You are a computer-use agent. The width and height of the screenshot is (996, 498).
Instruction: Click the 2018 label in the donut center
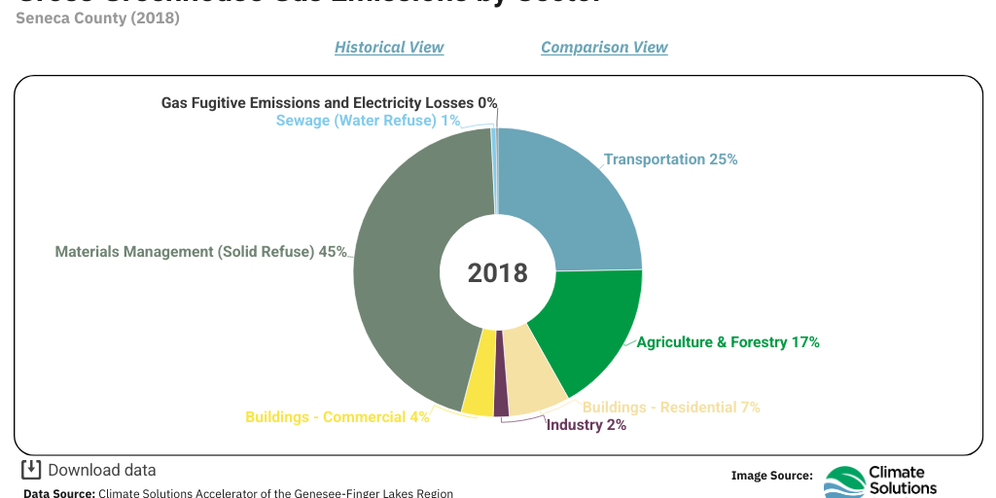point(497,273)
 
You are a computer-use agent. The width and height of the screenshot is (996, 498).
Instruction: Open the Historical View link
point(389,47)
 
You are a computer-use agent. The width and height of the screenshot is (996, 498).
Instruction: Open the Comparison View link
point(604,47)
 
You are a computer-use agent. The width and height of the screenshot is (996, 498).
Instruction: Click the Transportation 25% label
point(670,160)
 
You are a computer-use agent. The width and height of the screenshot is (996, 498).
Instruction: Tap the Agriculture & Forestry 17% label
point(728,342)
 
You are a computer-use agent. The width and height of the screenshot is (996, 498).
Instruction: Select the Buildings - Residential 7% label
point(670,408)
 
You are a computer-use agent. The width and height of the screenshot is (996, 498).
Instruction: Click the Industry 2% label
point(586,425)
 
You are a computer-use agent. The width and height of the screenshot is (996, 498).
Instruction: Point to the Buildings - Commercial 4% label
point(337,417)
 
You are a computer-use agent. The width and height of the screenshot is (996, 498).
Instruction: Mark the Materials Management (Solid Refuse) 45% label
point(200,252)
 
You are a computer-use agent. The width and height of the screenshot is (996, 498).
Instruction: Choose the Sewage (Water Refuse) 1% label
point(368,121)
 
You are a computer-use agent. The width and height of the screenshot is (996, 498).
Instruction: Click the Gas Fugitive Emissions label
point(329,102)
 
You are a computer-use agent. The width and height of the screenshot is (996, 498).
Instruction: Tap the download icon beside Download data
point(31,470)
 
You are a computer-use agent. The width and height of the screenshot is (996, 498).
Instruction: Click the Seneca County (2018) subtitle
point(97,18)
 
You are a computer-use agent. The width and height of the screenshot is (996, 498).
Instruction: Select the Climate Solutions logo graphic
point(843,481)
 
